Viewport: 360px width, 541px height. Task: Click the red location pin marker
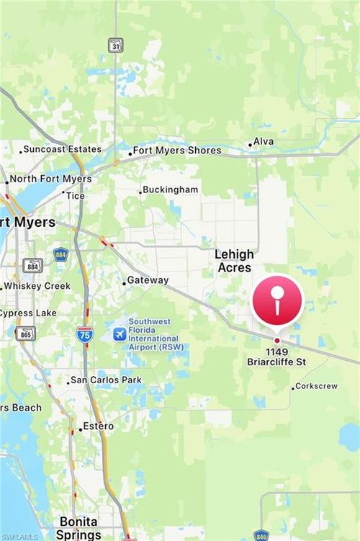click(x=277, y=300)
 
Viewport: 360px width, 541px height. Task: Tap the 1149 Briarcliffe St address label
click(x=276, y=357)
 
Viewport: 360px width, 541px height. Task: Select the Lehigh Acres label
click(x=234, y=261)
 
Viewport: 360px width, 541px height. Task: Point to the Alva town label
click(x=263, y=142)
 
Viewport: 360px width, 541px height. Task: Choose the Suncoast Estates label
click(x=62, y=149)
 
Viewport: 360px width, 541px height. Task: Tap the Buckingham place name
click(x=170, y=189)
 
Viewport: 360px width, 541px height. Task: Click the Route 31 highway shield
click(x=115, y=45)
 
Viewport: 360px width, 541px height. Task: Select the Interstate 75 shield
click(x=84, y=334)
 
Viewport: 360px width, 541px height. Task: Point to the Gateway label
click(x=148, y=280)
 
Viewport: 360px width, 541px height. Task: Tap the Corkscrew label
click(x=317, y=386)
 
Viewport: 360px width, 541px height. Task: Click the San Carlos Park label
click(x=106, y=380)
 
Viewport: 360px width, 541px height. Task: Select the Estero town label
click(x=98, y=426)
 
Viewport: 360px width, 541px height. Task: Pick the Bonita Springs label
click(x=79, y=527)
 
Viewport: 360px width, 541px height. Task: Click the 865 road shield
click(x=25, y=333)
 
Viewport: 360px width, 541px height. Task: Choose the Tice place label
click(x=75, y=195)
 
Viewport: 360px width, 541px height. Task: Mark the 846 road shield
click(x=261, y=535)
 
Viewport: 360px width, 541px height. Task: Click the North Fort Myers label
click(x=50, y=179)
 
